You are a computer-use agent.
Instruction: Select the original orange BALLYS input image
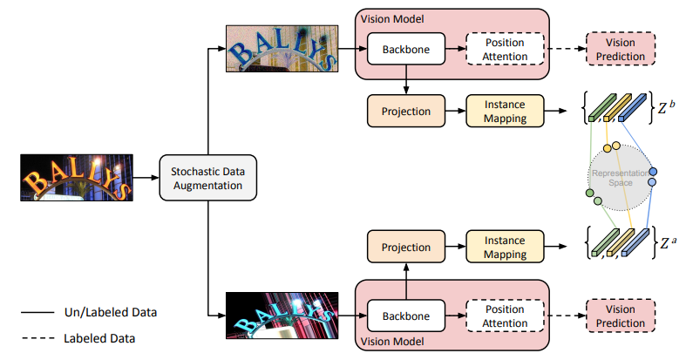(x=76, y=179)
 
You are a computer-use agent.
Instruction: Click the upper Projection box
(x=407, y=111)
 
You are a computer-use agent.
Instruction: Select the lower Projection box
(x=407, y=247)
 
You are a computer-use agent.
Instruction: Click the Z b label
(x=666, y=108)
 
